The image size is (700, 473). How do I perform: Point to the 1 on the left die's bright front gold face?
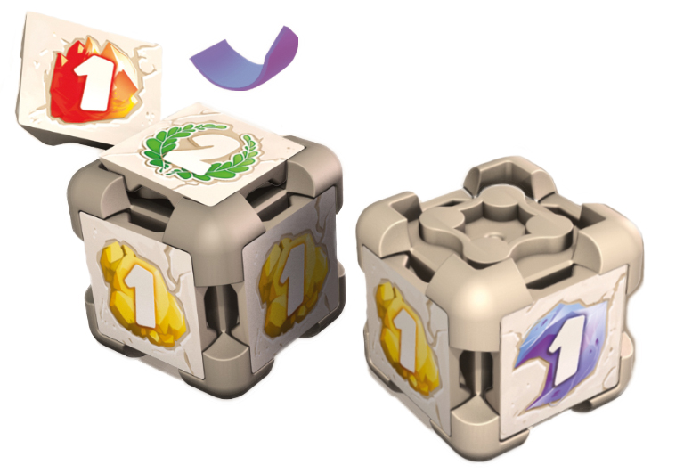[142, 295]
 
